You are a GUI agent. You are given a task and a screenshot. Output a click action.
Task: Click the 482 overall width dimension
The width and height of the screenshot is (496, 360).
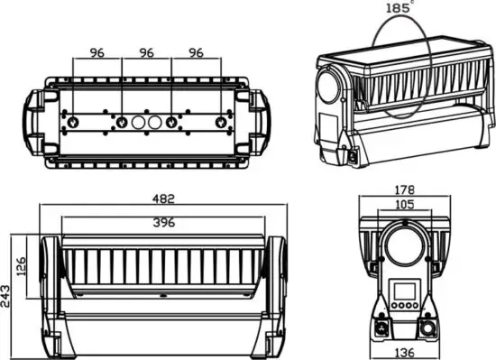pyautogui.click(x=163, y=198)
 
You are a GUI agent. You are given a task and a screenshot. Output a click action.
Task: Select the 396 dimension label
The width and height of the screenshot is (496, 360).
pyautogui.click(x=164, y=223)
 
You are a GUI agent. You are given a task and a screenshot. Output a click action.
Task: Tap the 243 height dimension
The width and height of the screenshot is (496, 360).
pyautogui.click(x=5, y=296)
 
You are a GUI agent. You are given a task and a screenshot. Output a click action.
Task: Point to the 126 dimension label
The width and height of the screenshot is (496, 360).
pyautogui.click(x=22, y=266)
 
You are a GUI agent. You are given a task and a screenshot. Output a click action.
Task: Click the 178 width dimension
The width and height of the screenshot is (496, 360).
pyautogui.click(x=405, y=189)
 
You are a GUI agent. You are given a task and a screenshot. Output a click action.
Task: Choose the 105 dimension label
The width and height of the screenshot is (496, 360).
pyautogui.click(x=405, y=204)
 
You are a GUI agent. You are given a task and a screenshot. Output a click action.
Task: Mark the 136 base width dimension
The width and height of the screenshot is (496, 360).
pyautogui.click(x=405, y=353)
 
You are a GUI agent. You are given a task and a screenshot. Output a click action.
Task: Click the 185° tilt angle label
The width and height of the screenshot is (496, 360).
pyautogui.click(x=400, y=7)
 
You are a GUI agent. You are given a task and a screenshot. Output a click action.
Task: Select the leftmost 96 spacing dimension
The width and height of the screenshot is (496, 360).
pyautogui.click(x=96, y=52)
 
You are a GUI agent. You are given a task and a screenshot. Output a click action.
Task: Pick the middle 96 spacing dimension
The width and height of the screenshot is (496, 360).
pyautogui.click(x=146, y=52)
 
